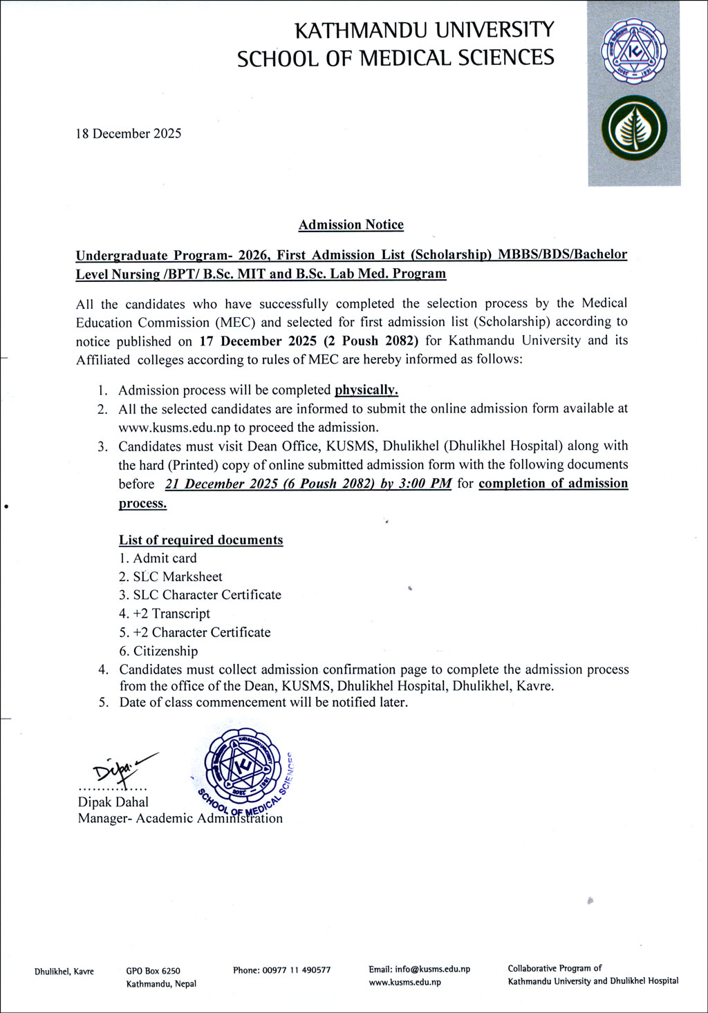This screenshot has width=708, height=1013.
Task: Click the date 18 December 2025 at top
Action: click(129, 134)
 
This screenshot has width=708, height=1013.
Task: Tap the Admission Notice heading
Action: click(351, 225)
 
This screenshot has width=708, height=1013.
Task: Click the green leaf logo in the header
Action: click(634, 129)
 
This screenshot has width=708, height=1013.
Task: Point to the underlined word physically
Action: click(366, 390)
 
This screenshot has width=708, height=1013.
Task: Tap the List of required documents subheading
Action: click(201, 540)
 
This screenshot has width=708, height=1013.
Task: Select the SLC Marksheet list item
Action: click(178, 577)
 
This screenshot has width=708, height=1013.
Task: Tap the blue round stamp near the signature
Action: click(243, 766)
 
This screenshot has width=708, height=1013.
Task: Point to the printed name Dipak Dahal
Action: click(113, 802)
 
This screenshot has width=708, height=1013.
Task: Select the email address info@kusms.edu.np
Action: click(419, 969)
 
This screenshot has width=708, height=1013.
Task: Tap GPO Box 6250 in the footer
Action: click(153, 971)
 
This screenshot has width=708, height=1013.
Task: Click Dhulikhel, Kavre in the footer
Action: click(64, 972)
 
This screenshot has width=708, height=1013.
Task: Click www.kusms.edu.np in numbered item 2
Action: click(175, 428)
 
